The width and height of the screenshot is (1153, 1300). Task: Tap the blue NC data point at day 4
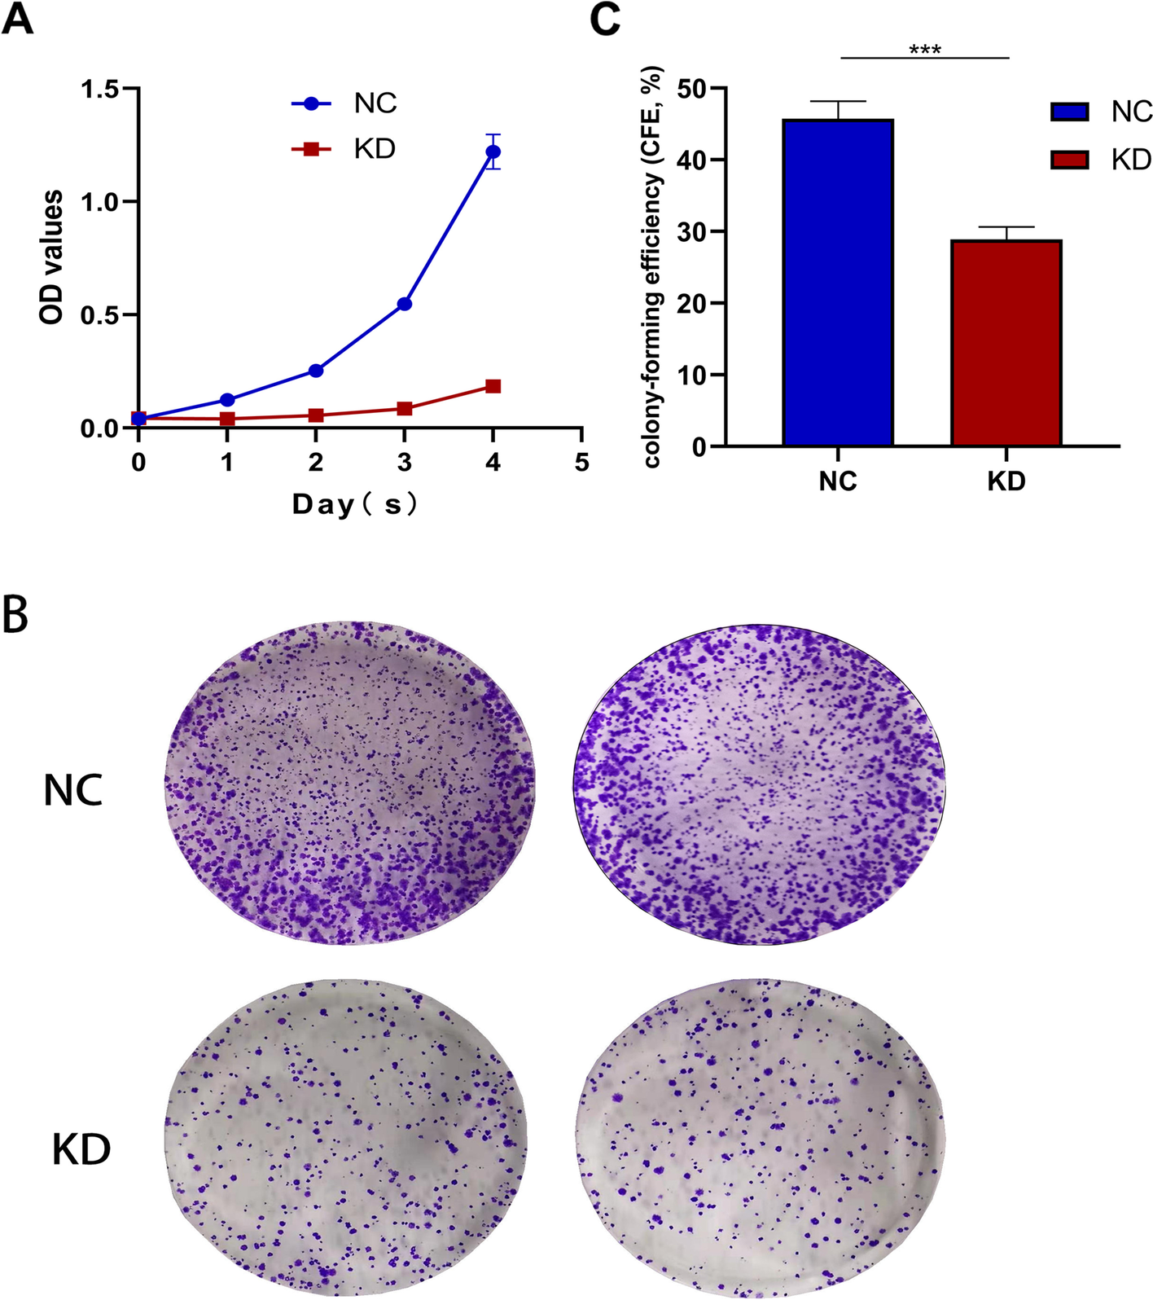click(x=493, y=152)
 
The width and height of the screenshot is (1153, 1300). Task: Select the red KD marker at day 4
click(x=493, y=386)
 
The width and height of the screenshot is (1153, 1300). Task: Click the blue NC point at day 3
click(x=404, y=304)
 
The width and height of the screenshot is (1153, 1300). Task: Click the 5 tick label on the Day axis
click(x=581, y=463)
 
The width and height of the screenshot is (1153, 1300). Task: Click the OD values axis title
click(x=51, y=257)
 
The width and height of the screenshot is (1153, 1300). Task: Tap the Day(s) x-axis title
click(x=356, y=504)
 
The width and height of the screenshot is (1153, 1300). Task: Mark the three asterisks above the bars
click(x=925, y=50)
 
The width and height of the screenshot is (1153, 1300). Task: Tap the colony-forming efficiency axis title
click(x=652, y=267)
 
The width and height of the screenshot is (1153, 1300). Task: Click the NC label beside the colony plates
click(x=73, y=790)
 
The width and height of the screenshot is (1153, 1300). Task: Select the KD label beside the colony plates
click(x=81, y=1149)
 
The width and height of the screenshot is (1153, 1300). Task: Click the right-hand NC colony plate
click(x=760, y=784)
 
